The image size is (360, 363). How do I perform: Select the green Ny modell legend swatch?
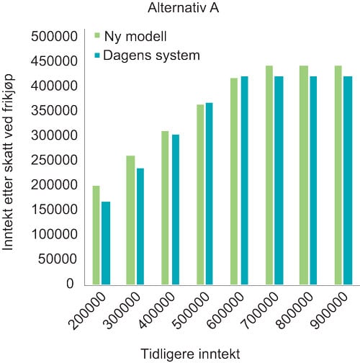click(x=97, y=35)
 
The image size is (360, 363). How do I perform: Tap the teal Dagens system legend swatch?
click(x=97, y=55)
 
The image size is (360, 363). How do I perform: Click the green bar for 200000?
click(x=96, y=235)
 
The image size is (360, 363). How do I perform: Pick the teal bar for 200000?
click(x=106, y=243)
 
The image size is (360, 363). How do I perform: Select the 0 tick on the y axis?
click(x=70, y=283)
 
